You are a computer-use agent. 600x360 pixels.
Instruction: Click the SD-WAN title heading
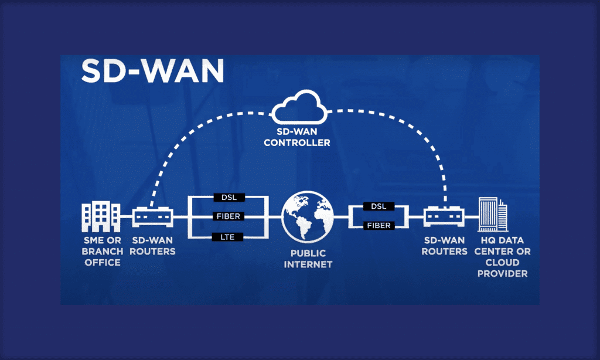click(x=152, y=72)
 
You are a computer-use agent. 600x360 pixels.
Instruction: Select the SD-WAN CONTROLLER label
click(x=297, y=138)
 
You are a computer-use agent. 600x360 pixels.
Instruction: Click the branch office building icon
click(x=101, y=217)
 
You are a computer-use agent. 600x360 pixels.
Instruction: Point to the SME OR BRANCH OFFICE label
click(x=103, y=252)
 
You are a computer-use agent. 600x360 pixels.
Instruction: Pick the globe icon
click(x=308, y=216)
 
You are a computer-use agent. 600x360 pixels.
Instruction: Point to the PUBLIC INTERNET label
click(x=308, y=259)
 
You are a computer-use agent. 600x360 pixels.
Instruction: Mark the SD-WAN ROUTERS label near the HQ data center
click(x=445, y=246)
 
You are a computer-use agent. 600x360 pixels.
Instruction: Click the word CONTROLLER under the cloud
click(x=297, y=142)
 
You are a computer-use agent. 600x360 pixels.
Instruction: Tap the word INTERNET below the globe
click(x=308, y=264)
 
